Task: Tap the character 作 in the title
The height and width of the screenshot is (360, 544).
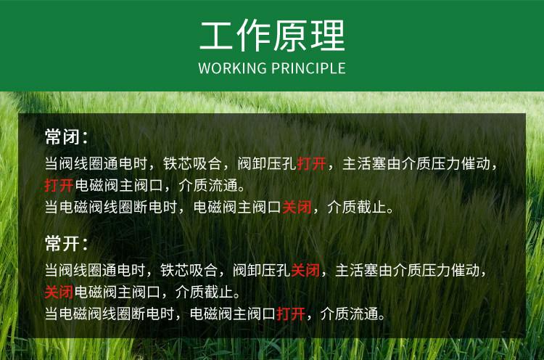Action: click(x=254, y=36)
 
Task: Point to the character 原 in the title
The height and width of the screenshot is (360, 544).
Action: click(x=290, y=36)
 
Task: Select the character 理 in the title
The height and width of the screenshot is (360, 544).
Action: click(x=328, y=36)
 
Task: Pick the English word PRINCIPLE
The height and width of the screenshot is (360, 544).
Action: click(x=308, y=68)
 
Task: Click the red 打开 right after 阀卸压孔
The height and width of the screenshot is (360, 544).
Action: click(x=312, y=164)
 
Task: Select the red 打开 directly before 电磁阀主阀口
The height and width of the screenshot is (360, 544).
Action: click(x=59, y=185)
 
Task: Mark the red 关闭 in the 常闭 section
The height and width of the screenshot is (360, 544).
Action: click(x=297, y=208)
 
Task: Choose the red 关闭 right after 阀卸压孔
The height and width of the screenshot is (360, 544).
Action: click(x=305, y=271)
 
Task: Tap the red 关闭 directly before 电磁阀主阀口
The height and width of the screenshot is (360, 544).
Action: click(x=59, y=292)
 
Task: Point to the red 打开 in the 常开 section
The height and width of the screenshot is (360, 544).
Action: click(x=291, y=314)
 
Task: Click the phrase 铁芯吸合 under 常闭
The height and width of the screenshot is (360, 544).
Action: click(x=192, y=164)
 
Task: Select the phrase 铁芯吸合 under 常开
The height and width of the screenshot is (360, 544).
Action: click(x=189, y=271)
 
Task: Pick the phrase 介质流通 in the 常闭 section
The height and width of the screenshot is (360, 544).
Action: click(x=208, y=185)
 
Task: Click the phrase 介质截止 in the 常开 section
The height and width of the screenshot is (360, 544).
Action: click(x=204, y=292)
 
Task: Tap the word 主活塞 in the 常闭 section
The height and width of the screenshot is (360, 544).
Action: click(x=364, y=164)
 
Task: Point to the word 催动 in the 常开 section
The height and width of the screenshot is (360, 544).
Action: click(x=465, y=271)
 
